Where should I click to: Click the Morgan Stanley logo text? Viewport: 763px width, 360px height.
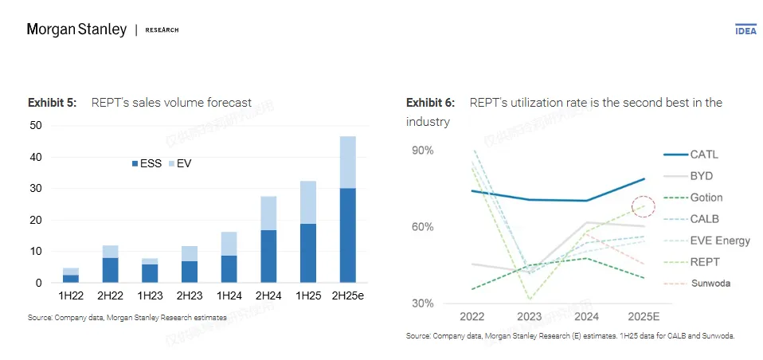(x=76, y=29)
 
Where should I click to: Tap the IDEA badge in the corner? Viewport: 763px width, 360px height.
(x=745, y=29)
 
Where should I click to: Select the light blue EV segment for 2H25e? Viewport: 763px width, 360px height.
(x=347, y=162)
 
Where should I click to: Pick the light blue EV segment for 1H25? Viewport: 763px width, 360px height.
(x=307, y=202)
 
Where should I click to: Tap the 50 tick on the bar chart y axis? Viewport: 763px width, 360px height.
(x=35, y=125)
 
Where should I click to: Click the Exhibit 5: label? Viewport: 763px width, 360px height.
(x=52, y=103)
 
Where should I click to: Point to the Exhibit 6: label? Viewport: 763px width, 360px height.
(x=430, y=103)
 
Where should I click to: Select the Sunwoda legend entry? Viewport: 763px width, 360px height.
(x=710, y=283)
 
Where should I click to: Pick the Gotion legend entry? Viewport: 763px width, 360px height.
(x=706, y=198)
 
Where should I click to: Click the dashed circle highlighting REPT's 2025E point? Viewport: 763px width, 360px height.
(x=642, y=207)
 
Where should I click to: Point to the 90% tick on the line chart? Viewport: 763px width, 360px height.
(x=423, y=151)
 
